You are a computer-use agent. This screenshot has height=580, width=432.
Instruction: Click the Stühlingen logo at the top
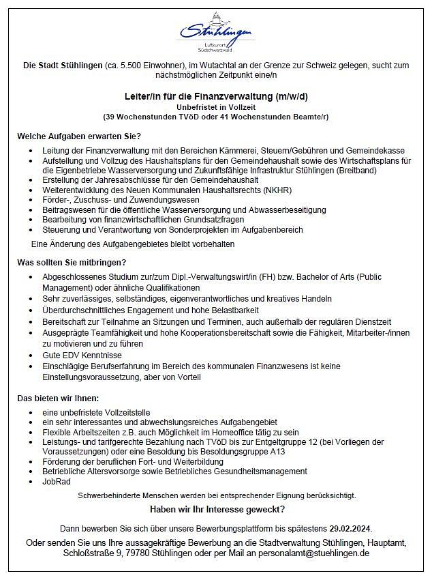pos(215,31)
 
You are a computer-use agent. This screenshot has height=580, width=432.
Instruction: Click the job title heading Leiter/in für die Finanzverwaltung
pos(215,96)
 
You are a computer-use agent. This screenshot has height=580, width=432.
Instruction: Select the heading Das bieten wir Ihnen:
pos(58,398)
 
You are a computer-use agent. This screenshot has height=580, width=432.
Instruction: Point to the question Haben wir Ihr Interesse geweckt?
pos(216,510)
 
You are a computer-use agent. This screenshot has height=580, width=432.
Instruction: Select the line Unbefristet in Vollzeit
pos(215,107)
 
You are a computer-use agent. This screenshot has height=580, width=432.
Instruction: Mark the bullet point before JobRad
pos(32,482)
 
